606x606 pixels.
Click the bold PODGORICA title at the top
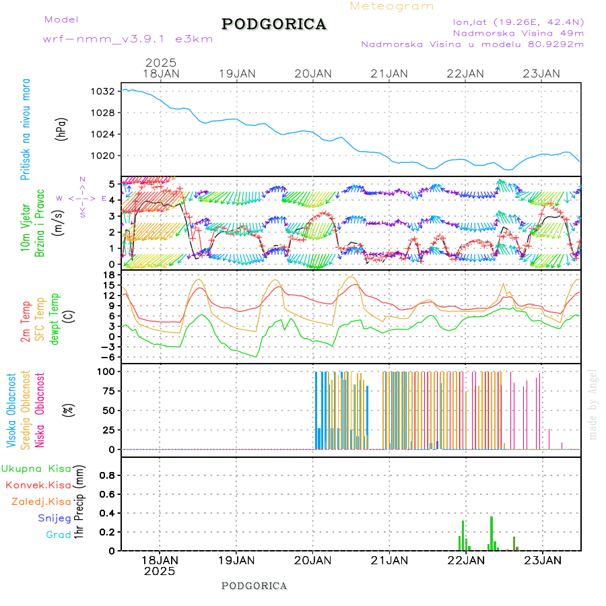coord(274,24)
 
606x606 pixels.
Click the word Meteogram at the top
coord(392,6)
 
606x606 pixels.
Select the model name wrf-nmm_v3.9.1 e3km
coord(128,39)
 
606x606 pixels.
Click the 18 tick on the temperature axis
coord(108,274)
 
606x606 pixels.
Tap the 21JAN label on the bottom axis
coord(389,560)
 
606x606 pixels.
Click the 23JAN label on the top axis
coord(542,73)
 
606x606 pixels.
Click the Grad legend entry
coord(58,535)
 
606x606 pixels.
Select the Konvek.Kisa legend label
coord(38,485)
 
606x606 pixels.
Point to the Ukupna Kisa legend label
coord(36,468)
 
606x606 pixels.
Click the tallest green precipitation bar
coord(492,533)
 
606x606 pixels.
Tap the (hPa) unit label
coord(63,129)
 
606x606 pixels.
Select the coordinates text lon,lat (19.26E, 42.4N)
coord(518,22)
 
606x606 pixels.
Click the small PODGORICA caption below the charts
coord(255,586)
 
